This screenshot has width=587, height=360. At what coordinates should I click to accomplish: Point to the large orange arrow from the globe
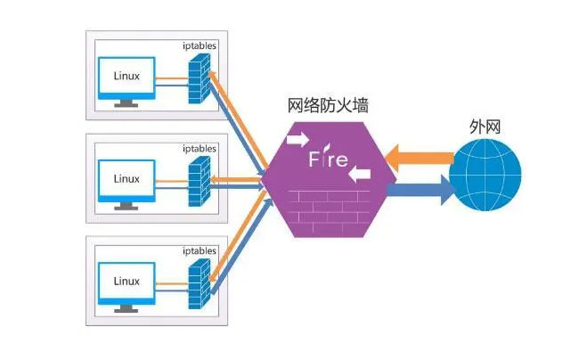420,159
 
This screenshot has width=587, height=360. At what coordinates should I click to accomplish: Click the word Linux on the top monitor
126,75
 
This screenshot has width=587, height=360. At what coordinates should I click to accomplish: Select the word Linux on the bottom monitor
126,281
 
